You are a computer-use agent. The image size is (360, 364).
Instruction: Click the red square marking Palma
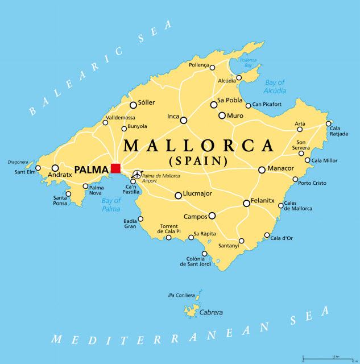tap(115, 168)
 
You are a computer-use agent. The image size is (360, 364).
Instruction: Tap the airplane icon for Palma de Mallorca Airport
tap(136, 174)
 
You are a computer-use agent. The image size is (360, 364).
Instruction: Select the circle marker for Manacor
tap(262, 169)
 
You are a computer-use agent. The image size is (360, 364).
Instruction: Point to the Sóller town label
tap(146, 104)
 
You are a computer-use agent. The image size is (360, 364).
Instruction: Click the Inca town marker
tap(183, 120)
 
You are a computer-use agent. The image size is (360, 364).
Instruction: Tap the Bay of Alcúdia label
tap(275, 86)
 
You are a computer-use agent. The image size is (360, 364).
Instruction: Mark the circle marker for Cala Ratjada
tap(328, 123)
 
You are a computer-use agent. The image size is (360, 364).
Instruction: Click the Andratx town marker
tap(55, 168)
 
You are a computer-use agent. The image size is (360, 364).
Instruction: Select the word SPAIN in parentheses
tap(197, 161)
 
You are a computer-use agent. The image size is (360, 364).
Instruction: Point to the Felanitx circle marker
tap(246, 203)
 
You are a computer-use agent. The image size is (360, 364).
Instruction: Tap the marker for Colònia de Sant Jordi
tap(205, 254)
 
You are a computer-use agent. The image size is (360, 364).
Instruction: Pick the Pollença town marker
tap(212, 68)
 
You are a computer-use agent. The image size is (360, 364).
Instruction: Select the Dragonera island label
tap(18, 162)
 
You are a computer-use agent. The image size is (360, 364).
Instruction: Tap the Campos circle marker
tap(212, 216)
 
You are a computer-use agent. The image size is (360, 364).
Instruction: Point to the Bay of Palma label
tap(111, 205)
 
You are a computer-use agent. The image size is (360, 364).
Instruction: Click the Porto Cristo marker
tap(295, 179)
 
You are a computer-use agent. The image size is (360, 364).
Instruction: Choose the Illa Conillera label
tap(181, 295)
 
